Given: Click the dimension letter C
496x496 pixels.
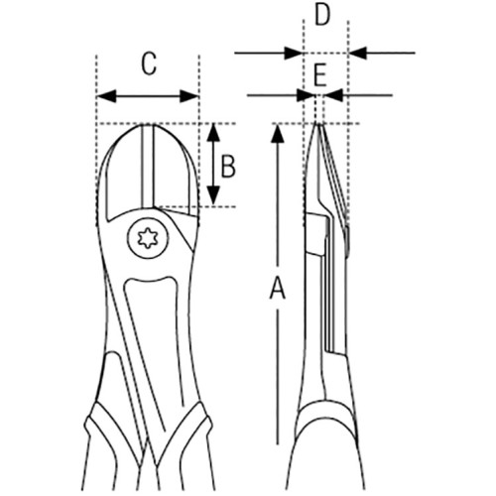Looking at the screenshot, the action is pyautogui.click(x=149, y=64).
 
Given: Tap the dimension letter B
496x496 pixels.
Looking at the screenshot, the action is pyautogui.click(x=228, y=166).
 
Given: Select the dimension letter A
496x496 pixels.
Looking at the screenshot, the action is pyautogui.click(x=278, y=289).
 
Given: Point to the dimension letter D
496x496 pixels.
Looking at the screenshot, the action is pyautogui.click(x=322, y=15).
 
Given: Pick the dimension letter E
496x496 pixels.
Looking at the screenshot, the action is pyautogui.click(x=320, y=75).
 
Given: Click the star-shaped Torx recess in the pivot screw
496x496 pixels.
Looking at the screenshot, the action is pyautogui.click(x=148, y=238).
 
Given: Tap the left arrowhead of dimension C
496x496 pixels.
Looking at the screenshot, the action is pyautogui.click(x=106, y=96).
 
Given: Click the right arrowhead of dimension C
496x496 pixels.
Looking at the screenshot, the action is pyautogui.click(x=188, y=96).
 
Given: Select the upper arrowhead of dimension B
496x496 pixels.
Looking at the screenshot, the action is pyautogui.click(x=214, y=133).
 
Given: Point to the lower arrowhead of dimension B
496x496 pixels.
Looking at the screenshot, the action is pyautogui.click(x=214, y=195).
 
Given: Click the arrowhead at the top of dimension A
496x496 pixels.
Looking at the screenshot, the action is pyautogui.click(x=278, y=134).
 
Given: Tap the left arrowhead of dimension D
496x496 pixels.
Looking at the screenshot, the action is pyautogui.click(x=294, y=53).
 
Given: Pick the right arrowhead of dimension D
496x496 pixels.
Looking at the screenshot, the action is pyautogui.click(x=357, y=53).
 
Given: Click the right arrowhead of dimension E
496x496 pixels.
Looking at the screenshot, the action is pyautogui.click(x=333, y=95).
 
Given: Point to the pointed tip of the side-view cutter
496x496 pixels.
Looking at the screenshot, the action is pyautogui.click(x=318, y=125).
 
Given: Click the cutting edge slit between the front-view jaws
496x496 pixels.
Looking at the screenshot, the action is pyautogui.click(x=148, y=166).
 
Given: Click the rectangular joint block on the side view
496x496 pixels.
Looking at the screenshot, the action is pyautogui.click(x=314, y=234).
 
